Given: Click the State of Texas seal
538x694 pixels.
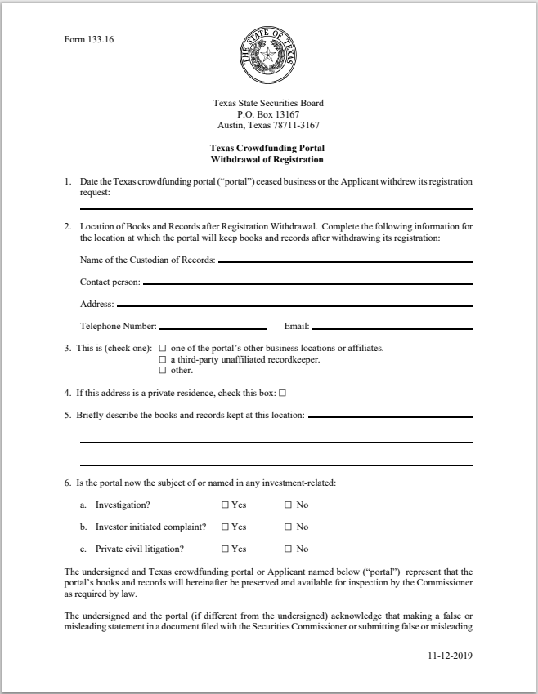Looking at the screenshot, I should coord(268,56).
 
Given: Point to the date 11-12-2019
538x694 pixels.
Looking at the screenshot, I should coord(451,655).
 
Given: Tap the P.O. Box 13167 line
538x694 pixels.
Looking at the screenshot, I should coord(268,114).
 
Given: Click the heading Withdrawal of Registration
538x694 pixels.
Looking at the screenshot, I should coord(268,160).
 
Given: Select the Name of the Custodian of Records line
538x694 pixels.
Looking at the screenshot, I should coord(345,261).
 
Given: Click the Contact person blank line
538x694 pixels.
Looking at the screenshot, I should coord(307,283).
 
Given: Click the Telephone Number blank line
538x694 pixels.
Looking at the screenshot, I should coord(213,327).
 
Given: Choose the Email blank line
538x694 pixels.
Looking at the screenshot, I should coord(392,327).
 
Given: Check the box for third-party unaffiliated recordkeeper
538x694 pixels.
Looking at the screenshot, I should coord(162,359).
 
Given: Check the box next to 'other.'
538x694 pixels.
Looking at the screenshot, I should coord(162,371).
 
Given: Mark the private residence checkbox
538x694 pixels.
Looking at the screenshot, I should coord(282,393).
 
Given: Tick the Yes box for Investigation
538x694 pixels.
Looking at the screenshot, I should coord(225,505).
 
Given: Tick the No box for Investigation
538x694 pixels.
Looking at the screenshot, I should coord(288,505).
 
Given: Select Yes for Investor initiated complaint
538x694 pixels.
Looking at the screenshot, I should coord(225,527).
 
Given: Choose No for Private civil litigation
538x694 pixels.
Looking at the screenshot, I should coord(288,549).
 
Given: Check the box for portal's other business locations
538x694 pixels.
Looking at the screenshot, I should coord(162,349).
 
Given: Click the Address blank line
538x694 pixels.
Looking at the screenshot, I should coord(294,305).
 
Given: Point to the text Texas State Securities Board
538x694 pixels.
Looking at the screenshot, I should coord(268,104).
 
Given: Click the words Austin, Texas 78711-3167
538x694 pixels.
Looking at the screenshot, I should coord(268,126).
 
